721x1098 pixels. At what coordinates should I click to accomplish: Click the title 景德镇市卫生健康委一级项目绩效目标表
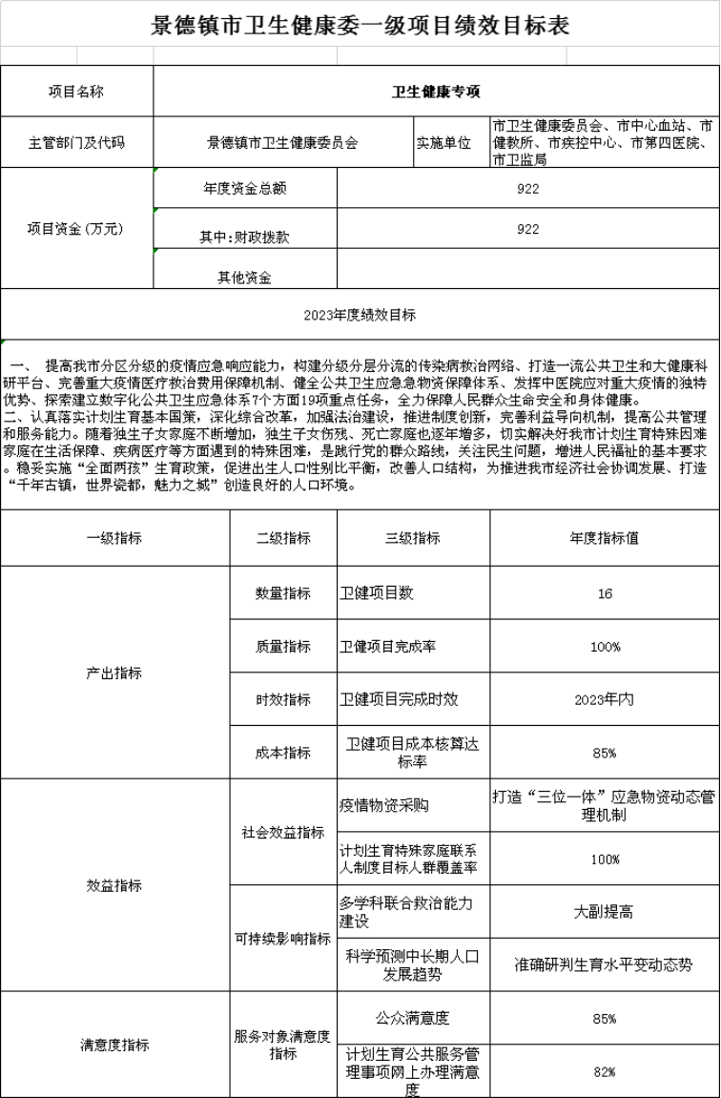click(x=360, y=26)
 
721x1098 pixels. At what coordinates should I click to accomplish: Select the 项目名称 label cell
click(x=76, y=92)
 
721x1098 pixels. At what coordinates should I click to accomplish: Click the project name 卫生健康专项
click(x=436, y=92)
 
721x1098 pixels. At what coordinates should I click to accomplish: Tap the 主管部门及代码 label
click(x=76, y=143)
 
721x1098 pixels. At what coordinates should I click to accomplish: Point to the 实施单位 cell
click(x=443, y=143)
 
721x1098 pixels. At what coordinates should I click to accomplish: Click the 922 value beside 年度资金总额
click(x=527, y=189)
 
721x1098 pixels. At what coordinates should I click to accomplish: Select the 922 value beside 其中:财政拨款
click(x=527, y=229)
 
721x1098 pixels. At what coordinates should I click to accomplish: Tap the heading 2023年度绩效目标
click(x=360, y=314)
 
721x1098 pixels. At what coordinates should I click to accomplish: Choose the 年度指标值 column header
click(x=605, y=538)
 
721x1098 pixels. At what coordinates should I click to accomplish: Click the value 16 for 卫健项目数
click(x=605, y=593)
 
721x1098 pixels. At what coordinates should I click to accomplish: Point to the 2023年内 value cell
click(x=605, y=699)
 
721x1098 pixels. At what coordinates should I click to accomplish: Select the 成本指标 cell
click(x=282, y=753)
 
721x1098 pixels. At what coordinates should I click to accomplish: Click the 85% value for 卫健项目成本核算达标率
click(x=605, y=753)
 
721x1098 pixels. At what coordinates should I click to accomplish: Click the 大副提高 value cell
click(x=605, y=912)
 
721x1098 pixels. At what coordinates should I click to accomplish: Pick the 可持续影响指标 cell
click(x=282, y=939)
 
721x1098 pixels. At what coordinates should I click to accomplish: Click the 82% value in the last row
click(x=605, y=1071)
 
